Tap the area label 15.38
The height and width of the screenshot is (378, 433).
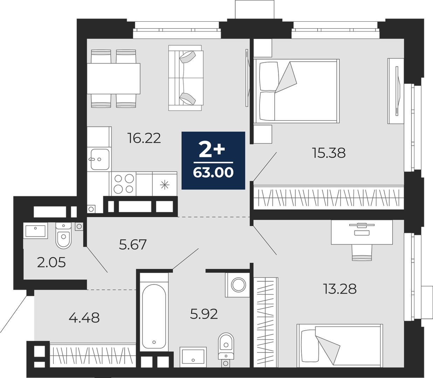[x=329, y=153]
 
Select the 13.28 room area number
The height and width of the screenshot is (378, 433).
[x=340, y=289]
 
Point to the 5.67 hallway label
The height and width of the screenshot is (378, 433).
[x=133, y=244]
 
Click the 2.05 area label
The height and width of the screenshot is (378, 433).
[x=51, y=263]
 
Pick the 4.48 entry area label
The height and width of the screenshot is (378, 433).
[x=84, y=317]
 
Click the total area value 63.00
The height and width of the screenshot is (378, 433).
[x=213, y=172]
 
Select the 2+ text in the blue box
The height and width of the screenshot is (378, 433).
[x=212, y=150]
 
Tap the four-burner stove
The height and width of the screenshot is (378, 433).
[x=124, y=184]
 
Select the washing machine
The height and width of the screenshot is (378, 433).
[x=239, y=285]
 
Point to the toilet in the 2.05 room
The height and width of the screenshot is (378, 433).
[x=64, y=235]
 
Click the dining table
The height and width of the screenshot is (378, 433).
[x=114, y=78]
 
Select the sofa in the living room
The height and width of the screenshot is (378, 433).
[x=186, y=78]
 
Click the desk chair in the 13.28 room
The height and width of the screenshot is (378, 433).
[x=362, y=253]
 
